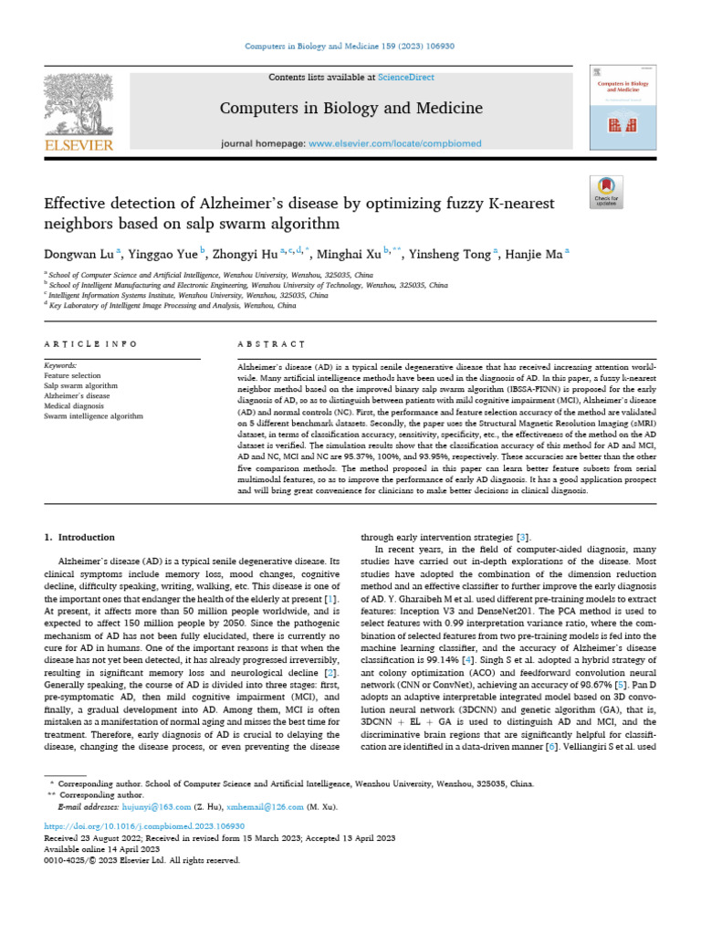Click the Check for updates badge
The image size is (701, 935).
pyautogui.click(x=606, y=191)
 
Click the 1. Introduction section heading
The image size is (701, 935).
pyautogui.click(x=80, y=538)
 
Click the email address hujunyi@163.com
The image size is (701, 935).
pyautogui.click(x=156, y=807)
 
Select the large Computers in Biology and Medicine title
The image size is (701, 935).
pyautogui.click(x=350, y=110)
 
